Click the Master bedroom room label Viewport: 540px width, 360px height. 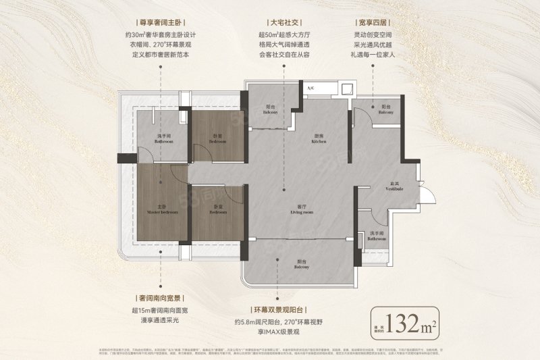click(x=162, y=209)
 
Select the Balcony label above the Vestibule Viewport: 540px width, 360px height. click(x=385, y=109)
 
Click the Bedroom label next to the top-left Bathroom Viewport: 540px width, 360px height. click(x=217, y=140)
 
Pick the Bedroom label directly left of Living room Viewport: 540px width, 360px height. click(x=217, y=209)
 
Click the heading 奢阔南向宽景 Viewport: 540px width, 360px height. click(x=161, y=297)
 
